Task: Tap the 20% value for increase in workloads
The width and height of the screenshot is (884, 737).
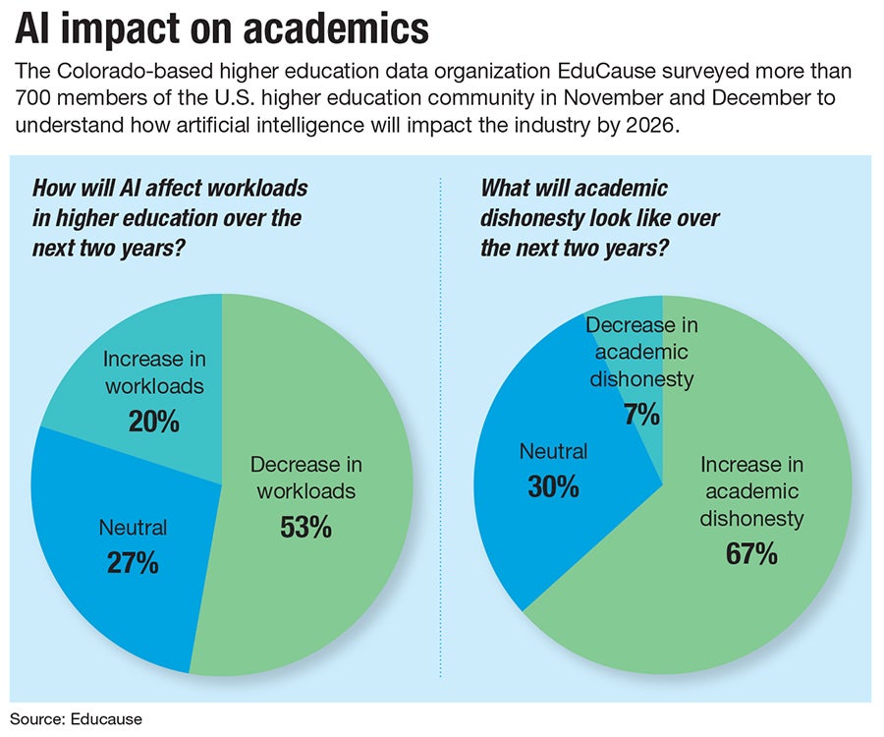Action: click(x=153, y=422)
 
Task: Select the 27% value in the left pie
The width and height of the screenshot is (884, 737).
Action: click(x=133, y=564)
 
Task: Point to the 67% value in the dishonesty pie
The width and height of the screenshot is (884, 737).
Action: click(x=751, y=553)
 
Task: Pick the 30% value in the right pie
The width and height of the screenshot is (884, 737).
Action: click(x=553, y=486)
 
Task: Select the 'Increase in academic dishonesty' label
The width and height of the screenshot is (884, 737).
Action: click(x=751, y=490)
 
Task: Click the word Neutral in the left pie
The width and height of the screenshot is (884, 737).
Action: click(x=133, y=528)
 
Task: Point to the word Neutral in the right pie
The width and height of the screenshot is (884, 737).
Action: click(x=553, y=451)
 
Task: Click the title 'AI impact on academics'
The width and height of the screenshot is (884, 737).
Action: click(x=222, y=29)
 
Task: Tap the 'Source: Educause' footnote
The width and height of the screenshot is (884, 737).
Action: click(x=77, y=718)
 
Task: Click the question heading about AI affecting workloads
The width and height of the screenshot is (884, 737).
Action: click(x=167, y=215)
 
